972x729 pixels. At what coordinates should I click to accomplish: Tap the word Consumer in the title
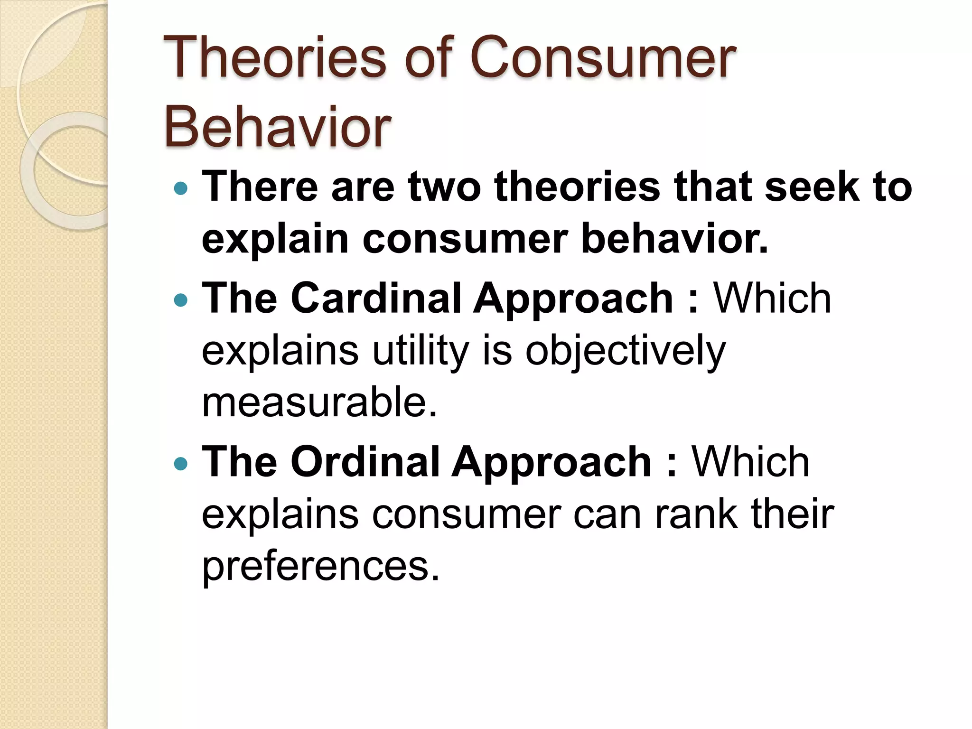[x=603, y=58]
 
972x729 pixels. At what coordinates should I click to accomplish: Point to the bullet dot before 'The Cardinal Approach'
[x=181, y=300]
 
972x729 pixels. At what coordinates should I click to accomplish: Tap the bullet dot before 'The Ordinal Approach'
[x=181, y=463]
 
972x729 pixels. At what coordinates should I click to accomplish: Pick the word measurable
[x=319, y=402]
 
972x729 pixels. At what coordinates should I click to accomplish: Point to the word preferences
[x=321, y=566]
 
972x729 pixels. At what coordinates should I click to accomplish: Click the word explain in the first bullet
[x=275, y=240]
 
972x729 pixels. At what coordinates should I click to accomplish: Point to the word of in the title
[x=427, y=58]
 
